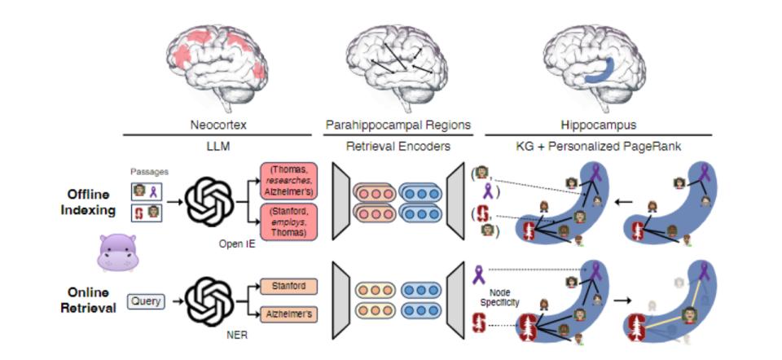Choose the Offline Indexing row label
click(91, 201)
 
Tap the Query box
click(147, 301)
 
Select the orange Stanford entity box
click(288, 287)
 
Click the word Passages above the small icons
click(147, 172)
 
